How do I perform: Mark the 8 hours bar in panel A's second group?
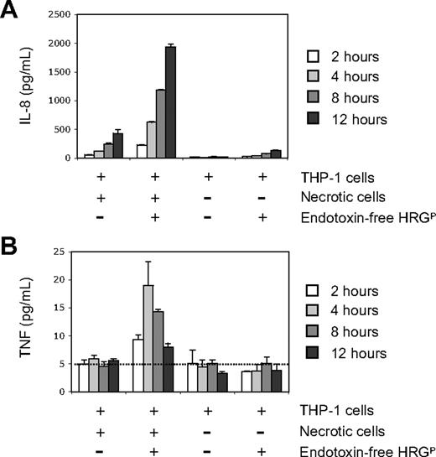tap(158, 123)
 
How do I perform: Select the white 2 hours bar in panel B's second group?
tap(137, 365)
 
